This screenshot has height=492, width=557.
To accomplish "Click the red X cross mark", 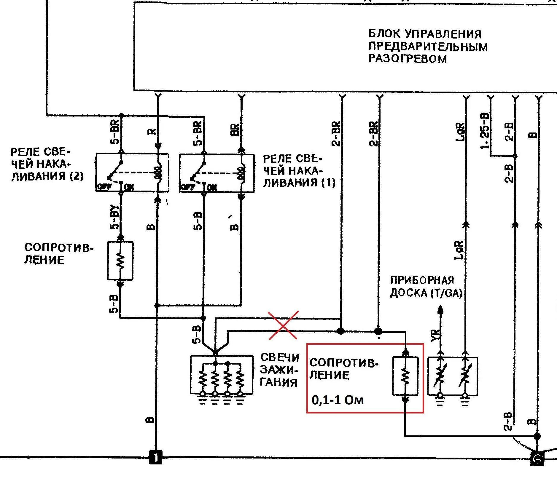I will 283,325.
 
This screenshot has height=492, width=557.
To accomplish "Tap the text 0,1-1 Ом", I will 338,400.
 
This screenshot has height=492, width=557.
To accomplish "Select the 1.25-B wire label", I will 485,131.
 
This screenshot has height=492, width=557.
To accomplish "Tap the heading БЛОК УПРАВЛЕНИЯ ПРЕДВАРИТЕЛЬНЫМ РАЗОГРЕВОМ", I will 428,46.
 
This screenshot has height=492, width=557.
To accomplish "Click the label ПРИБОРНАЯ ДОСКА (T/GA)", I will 426,287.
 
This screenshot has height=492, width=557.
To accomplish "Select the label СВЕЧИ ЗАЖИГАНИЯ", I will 279,370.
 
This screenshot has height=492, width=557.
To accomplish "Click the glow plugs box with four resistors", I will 222,375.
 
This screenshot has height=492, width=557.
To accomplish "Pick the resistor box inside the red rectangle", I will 405,376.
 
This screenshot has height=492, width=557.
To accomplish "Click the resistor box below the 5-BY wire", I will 120,261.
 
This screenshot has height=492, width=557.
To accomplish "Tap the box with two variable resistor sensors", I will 453,376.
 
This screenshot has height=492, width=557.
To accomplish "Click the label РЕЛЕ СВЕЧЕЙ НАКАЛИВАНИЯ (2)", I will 47,164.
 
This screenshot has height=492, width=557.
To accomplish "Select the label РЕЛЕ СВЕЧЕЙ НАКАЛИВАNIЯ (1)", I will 299,171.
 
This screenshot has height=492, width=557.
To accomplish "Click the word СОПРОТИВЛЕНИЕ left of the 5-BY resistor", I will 58,253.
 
